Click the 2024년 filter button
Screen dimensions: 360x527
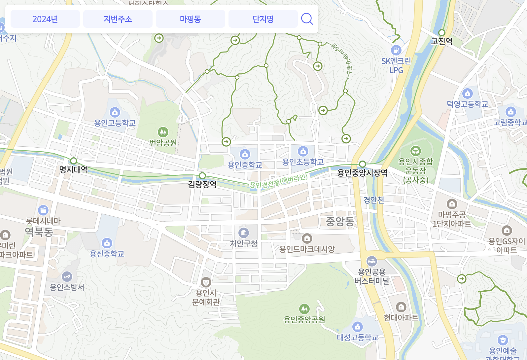pyautogui.click(x=45, y=19)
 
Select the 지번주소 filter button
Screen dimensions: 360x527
pyautogui.click(x=118, y=19)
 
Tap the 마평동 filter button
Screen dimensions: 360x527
pyautogui.click(x=191, y=19)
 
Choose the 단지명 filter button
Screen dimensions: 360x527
pyautogui.click(x=263, y=19)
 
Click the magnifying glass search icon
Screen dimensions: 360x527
pyautogui.click(x=307, y=19)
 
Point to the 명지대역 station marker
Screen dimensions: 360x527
pyautogui.click(x=73, y=161)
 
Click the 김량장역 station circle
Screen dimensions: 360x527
pyautogui.click(x=202, y=176)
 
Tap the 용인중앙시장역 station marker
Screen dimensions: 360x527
pyautogui.click(x=363, y=164)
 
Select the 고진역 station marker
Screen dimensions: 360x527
pyautogui.click(x=442, y=33)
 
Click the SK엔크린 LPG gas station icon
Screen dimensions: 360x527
pyautogui.click(x=396, y=50)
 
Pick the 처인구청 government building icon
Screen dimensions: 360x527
pyautogui.click(x=244, y=233)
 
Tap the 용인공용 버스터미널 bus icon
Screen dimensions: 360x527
pyautogui.click(x=372, y=261)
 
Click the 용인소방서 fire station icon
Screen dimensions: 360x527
pyautogui.click(x=67, y=276)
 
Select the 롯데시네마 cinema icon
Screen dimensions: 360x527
pyautogui.click(x=43, y=210)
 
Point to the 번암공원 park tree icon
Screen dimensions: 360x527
pyautogui.click(x=163, y=132)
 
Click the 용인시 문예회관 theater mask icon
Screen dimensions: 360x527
pyautogui.click(x=206, y=282)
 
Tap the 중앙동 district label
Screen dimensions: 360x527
pyautogui.click(x=340, y=221)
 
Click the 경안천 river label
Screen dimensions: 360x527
pyautogui.click(x=373, y=200)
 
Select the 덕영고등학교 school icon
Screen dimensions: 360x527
pyautogui.click(x=468, y=93)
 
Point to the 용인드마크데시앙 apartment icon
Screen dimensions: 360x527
pyautogui.click(x=307, y=238)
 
